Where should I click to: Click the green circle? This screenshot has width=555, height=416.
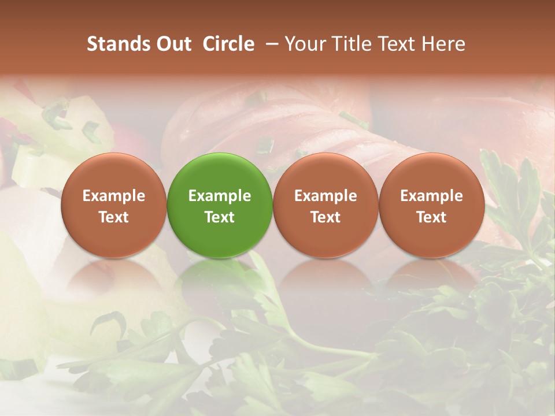[x=220, y=205]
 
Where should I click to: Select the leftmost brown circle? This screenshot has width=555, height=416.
[x=114, y=205]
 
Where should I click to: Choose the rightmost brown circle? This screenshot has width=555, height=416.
[x=431, y=205]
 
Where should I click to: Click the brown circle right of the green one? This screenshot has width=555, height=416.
[x=325, y=205]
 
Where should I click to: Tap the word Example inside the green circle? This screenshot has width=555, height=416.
[x=220, y=196]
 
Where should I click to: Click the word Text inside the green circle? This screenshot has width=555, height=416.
[x=220, y=217]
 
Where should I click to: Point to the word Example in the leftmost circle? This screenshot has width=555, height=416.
[x=114, y=196]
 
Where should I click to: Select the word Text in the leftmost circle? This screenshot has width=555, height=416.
[x=114, y=217]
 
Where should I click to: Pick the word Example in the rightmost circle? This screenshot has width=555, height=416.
[x=431, y=196]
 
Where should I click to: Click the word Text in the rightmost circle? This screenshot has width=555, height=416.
[x=431, y=217]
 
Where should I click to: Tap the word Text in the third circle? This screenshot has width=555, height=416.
[x=325, y=217]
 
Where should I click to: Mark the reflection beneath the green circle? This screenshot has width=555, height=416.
[x=220, y=277]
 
